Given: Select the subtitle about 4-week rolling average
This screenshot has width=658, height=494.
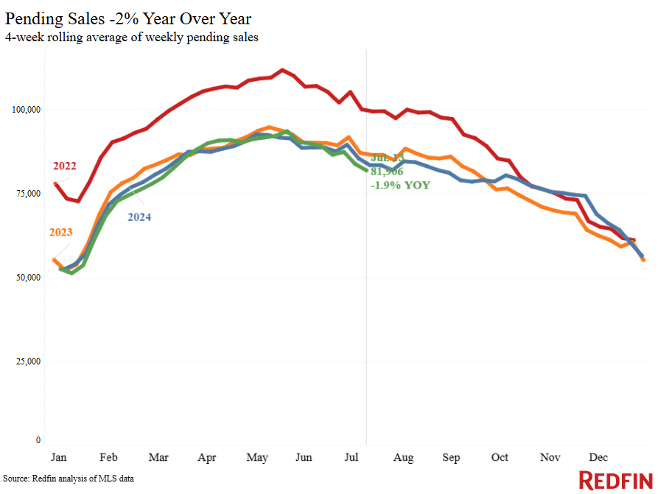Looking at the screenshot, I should coord(132,38).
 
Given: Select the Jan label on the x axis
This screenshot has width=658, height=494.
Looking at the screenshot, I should coord(59,457).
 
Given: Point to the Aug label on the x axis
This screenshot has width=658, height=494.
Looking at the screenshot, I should coord(404,457).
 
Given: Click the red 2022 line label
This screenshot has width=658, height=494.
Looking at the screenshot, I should coord(64,166).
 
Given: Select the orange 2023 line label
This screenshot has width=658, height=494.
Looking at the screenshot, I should coord(61,233).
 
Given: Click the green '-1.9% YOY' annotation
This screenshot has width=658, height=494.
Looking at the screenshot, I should coord(400,185).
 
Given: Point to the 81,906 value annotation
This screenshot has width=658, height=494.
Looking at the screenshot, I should coord(387,171).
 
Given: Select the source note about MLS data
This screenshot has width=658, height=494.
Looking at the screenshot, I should coord(69,479).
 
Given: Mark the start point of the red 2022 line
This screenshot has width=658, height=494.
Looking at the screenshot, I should coord(56,183).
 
